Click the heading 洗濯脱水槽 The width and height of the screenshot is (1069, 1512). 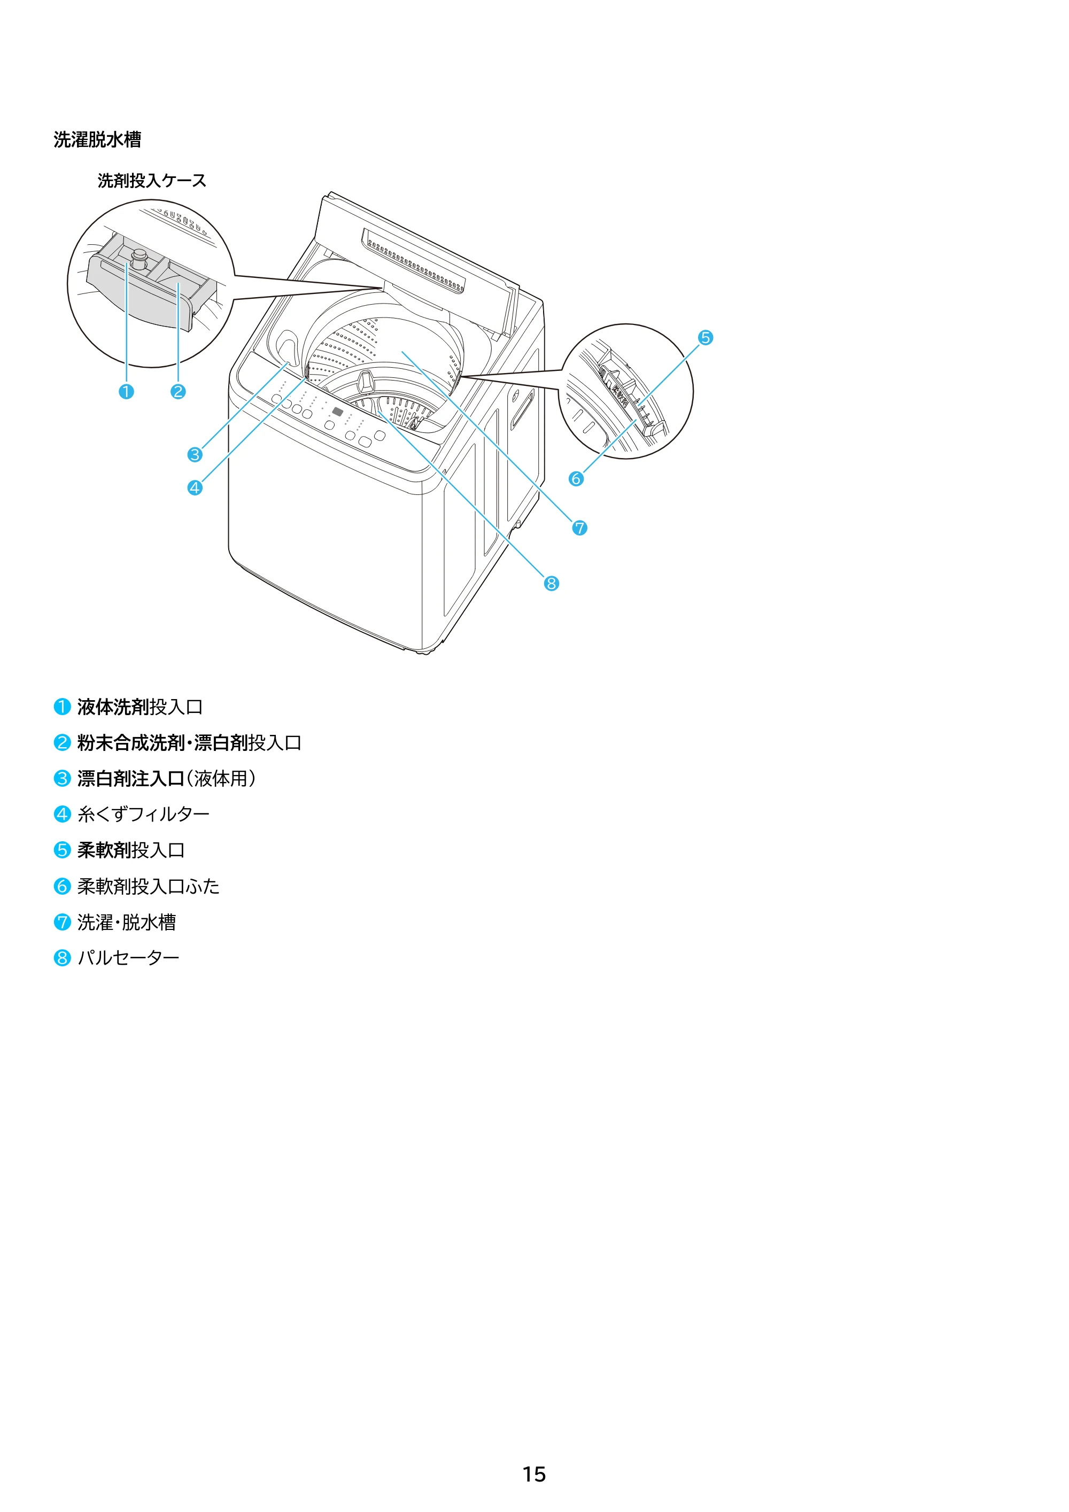coord(97,139)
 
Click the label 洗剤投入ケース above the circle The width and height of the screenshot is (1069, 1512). coord(152,181)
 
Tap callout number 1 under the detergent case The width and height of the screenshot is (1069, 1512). coord(126,392)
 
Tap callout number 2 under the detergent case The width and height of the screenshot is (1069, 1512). coord(178,392)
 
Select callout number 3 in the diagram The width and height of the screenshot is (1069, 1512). coord(195,454)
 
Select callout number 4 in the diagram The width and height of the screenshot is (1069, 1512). coord(195,488)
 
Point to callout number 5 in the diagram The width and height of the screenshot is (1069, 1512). coord(706,338)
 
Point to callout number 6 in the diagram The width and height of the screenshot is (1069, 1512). coord(576,479)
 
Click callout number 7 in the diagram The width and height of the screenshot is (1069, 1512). coord(579,528)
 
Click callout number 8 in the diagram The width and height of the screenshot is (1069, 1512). coord(551,584)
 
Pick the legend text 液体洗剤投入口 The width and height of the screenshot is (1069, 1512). coord(140,707)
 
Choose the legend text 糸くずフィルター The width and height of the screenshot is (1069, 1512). coord(144,815)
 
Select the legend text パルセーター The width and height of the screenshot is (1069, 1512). coord(128,958)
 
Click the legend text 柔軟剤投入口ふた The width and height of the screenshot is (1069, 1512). coord(149,886)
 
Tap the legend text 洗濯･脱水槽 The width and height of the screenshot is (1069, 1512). coord(127,922)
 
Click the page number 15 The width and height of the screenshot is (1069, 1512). coord(534,1474)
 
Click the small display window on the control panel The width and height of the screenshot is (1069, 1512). coord(337,412)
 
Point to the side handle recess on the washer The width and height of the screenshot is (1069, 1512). coord(524,409)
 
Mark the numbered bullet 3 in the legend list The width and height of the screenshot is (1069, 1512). coord(62,779)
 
